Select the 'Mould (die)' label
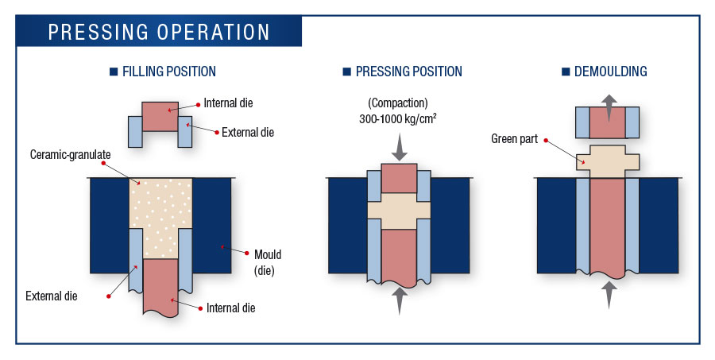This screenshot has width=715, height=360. (268, 261)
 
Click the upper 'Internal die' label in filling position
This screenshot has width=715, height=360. (228, 103)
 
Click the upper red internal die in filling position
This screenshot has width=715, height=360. (160, 116)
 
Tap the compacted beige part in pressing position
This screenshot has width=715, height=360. (398, 211)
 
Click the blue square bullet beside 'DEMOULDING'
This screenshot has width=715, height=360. (566, 72)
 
